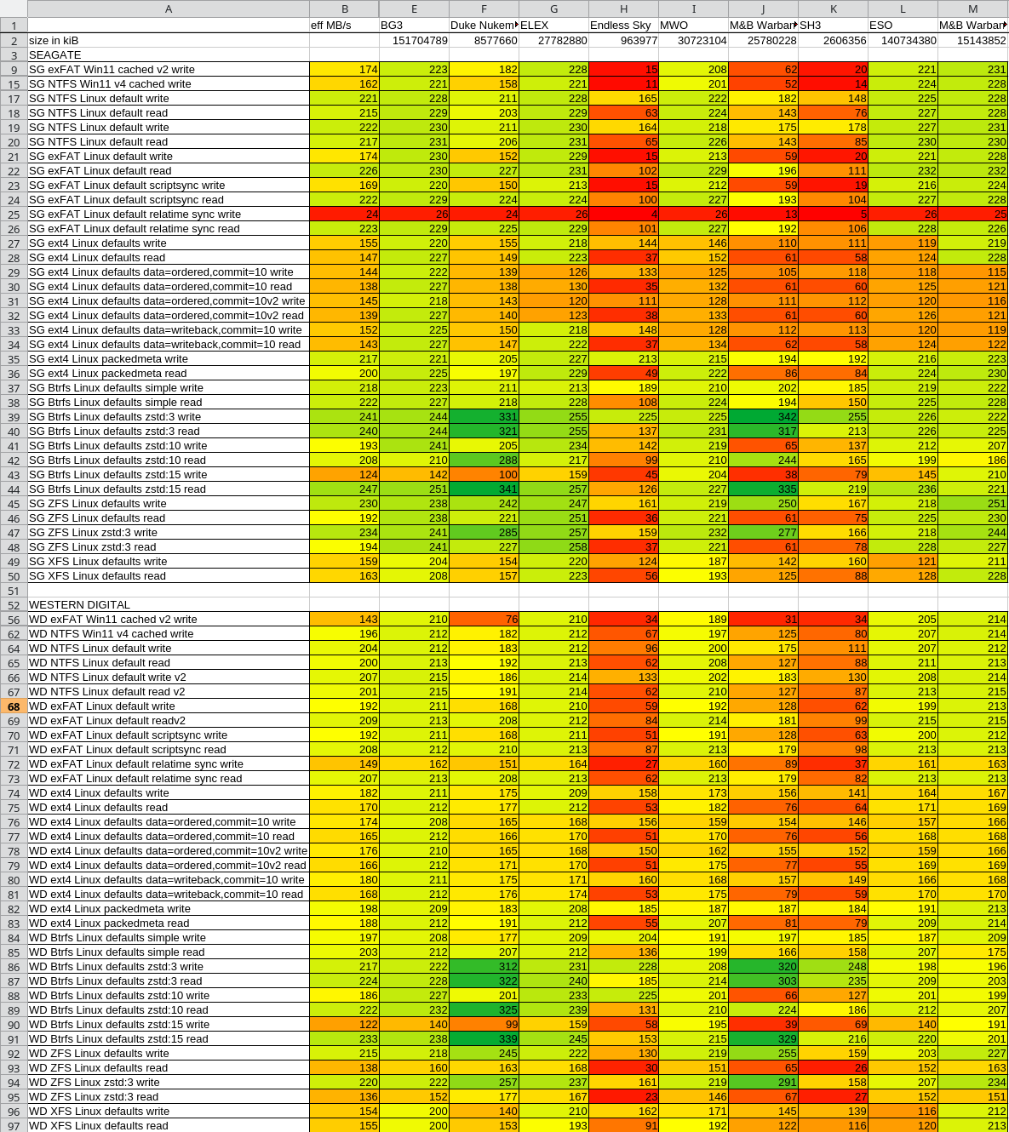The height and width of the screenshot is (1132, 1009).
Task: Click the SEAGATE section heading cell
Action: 55,54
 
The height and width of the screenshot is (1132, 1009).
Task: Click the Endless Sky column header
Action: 621,25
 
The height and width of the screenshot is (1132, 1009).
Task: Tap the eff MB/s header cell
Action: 331,25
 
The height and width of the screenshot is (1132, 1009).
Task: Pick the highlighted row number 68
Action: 14,706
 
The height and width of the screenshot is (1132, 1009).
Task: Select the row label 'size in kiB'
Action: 54,40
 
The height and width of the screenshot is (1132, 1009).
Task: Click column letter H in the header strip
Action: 623,9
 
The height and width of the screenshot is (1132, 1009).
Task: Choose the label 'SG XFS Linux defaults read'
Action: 97,575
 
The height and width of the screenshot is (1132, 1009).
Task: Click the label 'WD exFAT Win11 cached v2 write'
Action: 112,619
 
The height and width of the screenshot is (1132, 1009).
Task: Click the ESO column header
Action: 881,25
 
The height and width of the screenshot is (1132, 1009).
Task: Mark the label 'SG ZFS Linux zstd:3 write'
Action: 93,532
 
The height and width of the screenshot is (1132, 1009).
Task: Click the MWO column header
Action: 674,25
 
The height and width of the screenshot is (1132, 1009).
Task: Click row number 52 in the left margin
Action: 14,605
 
